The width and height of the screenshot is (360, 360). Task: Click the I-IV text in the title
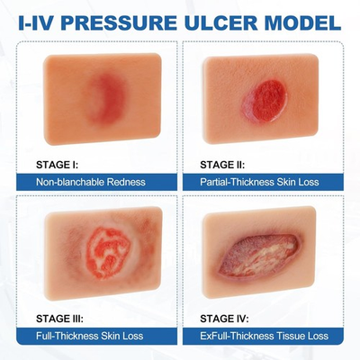click(43, 19)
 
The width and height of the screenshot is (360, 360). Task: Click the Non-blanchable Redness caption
click(90, 182)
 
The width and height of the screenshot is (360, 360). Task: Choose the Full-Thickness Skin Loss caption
click(92, 337)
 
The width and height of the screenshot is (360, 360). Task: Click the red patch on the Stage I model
click(106, 95)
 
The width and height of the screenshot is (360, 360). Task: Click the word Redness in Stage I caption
click(123, 182)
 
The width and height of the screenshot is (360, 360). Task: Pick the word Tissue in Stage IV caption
click(288, 337)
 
